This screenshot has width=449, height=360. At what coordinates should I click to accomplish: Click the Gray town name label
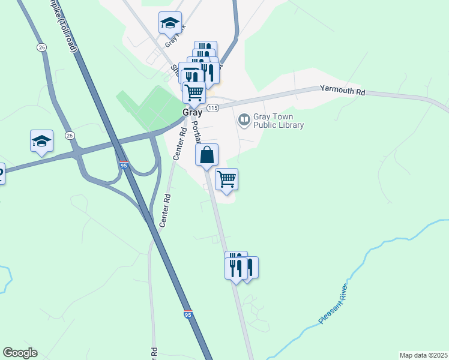pyautogui.click(x=193, y=113)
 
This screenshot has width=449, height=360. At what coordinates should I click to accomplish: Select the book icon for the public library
pyautogui.click(x=244, y=120)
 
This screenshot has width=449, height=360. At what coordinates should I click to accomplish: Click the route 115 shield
pyautogui.click(x=212, y=107)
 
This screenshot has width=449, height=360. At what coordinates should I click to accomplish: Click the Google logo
pyautogui.click(x=20, y=353)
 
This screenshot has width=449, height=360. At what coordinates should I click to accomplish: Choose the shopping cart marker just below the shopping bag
pyautogui.click(x=226, y=179)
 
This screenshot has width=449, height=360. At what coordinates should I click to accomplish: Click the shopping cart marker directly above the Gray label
pyautogui.click(x=194, y=93)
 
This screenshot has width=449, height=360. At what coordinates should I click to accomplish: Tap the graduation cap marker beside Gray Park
pyautogui.click(x=170, y=23)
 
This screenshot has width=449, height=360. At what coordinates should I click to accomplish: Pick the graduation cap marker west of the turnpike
pyautogui.click(x=41, y=141)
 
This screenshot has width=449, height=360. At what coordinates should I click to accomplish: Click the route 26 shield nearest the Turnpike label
pyautogui.click(x=41, y=47)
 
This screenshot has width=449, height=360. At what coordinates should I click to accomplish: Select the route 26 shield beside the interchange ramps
pyautogui.click(x=70, y=136)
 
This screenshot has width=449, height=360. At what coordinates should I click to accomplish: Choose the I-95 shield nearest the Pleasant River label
pyautogui.click(x=188, y=314)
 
